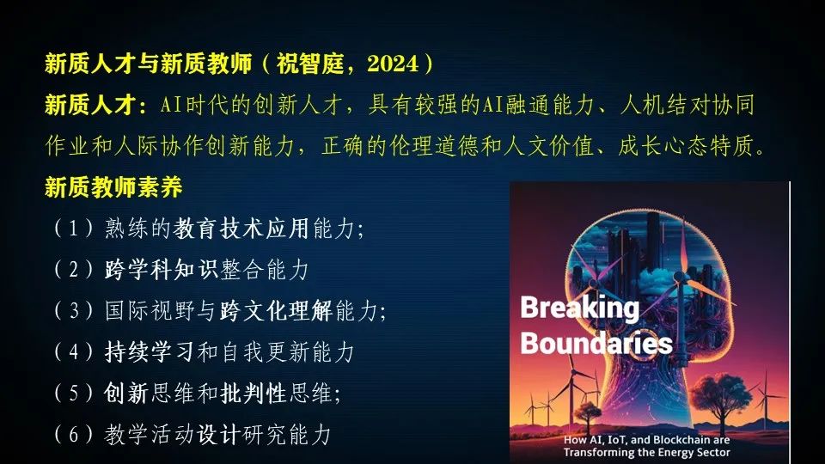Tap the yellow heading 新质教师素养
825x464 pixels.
coord(113,187)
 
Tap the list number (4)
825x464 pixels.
coord(72,352)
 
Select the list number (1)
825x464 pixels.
coord(72,229)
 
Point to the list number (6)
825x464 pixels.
coord(72,435)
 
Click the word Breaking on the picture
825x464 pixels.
coord(579,308)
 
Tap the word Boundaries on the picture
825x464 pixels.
coord(596,344)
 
